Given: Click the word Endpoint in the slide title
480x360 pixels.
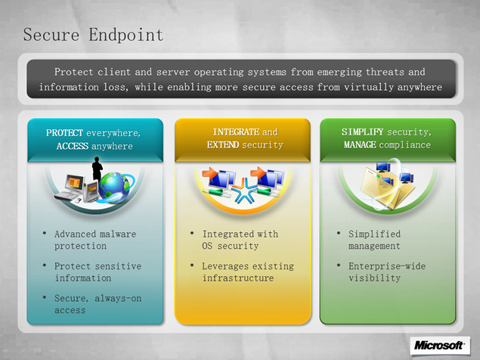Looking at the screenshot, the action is (x=126, y=35).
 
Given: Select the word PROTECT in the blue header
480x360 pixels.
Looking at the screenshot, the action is (x=64, y=133).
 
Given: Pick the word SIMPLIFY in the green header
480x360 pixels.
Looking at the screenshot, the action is (x=362, y=132).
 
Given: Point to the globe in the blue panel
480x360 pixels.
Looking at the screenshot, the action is (x=114, y=187).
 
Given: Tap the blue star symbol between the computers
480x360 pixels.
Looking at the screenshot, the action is (x=244, y=191).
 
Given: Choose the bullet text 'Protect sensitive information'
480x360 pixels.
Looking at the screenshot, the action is (x=98, y=272).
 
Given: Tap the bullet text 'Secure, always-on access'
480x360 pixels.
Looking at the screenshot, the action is (x=98, y=304).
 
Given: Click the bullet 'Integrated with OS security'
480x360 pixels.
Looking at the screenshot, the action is (x=240, y=240).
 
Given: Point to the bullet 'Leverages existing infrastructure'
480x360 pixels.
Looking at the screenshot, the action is (x=248, y=272).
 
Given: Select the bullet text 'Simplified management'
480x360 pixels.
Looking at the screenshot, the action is (x=374, y=240).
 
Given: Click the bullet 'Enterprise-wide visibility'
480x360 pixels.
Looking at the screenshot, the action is (x=387, y=272).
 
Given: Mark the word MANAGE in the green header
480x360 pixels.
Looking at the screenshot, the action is (x=360, y=144).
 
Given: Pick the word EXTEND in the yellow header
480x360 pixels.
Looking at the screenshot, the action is (x=223, y=144).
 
